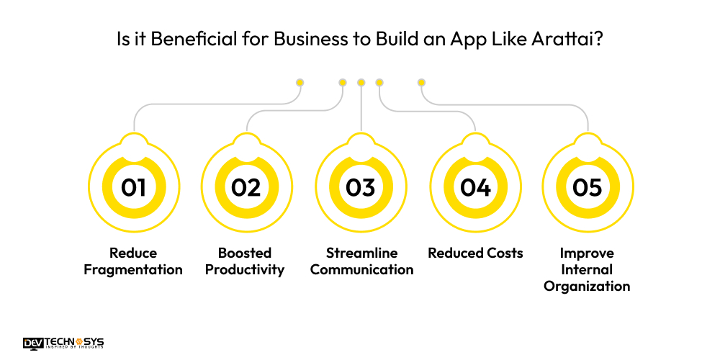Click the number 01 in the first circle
click(133, 188)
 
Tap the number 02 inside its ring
click(246, 188)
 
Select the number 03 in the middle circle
click(361, 188)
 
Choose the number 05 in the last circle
click(587, 188)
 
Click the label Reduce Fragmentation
click(133, 261)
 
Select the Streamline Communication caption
click(361, 261)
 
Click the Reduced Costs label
click(475, 253)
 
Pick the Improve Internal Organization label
click(587, 269)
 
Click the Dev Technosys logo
click(63, 343)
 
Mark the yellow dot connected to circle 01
click(300, 82)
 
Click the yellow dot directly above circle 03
click(361, 82)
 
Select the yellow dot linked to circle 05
click(421, 82)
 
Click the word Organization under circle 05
click(587, 287)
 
